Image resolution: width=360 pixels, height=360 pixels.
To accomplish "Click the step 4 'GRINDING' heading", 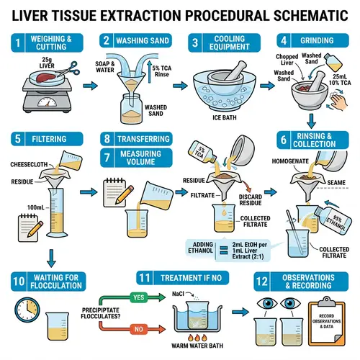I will [x=325, y=42].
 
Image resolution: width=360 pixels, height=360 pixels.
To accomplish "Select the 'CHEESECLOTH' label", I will [x=29, y=163].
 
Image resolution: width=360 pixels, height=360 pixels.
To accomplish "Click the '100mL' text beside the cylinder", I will [x=35, y=207].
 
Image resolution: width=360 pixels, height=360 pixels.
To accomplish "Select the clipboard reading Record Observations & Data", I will [x=328, y=320].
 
